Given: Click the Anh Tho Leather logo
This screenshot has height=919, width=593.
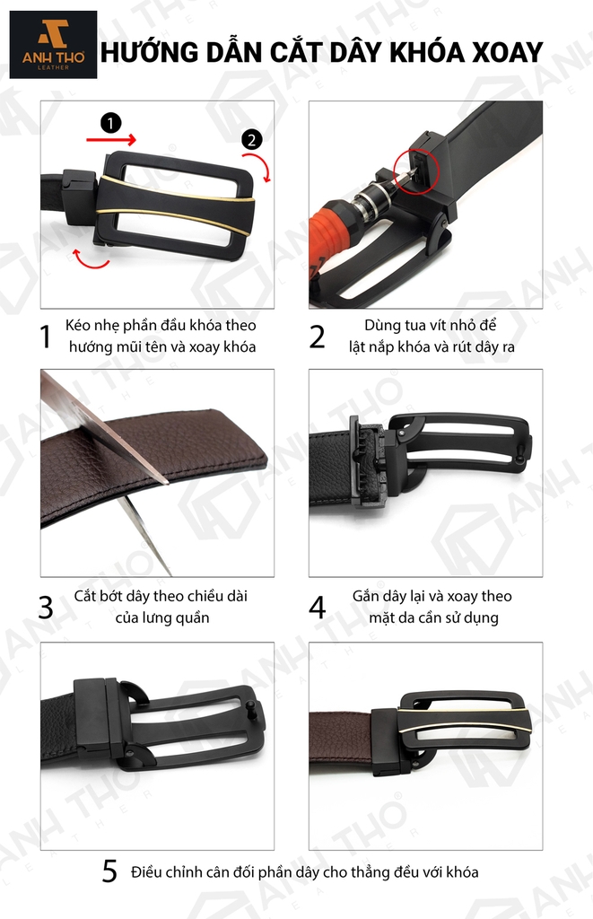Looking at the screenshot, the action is click(53, 45).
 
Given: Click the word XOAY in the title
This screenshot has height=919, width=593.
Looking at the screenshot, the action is click(507, 53).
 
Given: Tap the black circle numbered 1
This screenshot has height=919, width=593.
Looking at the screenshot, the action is click(110, 123).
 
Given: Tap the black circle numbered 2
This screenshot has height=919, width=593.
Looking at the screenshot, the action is click(251, 140).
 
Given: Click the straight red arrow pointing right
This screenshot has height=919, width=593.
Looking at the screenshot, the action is click(111, 139).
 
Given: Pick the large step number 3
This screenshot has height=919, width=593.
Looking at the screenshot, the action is click(46, 608).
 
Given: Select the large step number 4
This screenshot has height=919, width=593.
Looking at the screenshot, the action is click(317, 608).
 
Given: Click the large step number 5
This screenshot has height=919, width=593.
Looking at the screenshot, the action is click(109, 871).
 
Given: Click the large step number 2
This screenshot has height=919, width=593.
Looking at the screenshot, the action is click(317, 337).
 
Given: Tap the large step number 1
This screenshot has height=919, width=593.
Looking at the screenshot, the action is click(46, 337).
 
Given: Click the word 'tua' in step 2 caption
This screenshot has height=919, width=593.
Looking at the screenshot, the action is click(413, 325).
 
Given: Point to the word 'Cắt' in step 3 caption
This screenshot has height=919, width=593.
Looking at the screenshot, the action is click(85, 596).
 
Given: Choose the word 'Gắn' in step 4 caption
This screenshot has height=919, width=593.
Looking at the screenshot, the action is click(366, 597).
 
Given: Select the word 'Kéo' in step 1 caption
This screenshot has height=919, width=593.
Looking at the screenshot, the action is click(78, 325).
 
